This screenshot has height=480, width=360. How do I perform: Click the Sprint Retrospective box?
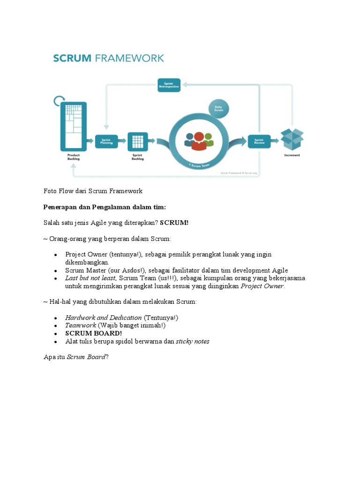170,85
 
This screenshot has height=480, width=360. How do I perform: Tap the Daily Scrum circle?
219,109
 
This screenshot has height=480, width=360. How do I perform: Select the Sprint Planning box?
106,141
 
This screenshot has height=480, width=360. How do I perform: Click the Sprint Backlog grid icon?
137,141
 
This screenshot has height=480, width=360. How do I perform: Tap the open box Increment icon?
292,139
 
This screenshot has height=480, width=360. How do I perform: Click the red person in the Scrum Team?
199,141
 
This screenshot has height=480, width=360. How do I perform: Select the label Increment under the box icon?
292,155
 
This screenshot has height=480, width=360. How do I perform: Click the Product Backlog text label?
74,157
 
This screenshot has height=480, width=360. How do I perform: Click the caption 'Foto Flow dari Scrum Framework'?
93,191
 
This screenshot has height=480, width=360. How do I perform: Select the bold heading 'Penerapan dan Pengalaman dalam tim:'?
105,207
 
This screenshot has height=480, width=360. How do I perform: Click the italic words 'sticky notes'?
193,341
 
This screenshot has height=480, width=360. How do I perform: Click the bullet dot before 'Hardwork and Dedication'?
55,318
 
